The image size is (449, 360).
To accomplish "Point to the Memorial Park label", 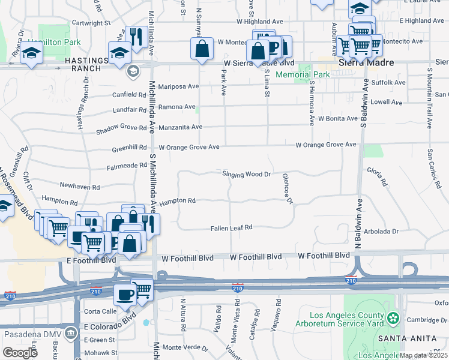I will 303,75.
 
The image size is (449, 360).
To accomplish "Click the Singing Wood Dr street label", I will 247,174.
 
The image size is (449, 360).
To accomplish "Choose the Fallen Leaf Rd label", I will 231,228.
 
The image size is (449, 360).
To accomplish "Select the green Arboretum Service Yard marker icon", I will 393,317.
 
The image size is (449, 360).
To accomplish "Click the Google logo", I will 20,353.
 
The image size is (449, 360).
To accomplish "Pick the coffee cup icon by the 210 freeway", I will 125,294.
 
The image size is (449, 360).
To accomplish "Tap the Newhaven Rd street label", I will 79,187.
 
